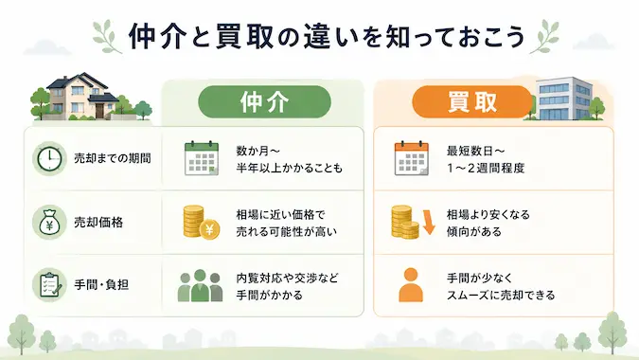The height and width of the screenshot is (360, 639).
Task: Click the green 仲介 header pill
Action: [264, 102]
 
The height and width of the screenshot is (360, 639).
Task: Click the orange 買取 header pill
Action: [472, 102]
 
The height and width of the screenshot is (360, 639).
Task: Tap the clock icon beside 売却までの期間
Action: [49, 158]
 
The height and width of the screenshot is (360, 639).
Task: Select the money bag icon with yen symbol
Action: [49, 223]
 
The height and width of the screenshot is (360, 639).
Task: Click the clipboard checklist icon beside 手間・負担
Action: [49, 284]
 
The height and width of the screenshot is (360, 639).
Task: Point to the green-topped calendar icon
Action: [202, 158]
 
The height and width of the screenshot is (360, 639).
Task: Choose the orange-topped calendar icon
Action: [412, 158]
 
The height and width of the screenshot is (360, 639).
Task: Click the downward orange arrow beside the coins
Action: [429, 223]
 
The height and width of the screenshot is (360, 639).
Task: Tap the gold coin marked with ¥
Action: [209, 229]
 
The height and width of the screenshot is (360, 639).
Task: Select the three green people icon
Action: [200, 285]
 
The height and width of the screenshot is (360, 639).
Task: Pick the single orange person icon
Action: [411, 285]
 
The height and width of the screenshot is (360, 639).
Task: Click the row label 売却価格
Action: [98, 223]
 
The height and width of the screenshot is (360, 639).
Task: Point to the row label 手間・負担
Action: [101, 284]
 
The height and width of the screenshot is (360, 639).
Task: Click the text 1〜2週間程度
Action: [486, 168]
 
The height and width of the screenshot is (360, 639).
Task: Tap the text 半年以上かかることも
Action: [290, 168]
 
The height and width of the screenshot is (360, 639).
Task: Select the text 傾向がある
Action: [474, 231]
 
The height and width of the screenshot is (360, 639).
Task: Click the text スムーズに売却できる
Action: [501, 296]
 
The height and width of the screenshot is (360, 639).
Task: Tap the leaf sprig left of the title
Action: [107, 37]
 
